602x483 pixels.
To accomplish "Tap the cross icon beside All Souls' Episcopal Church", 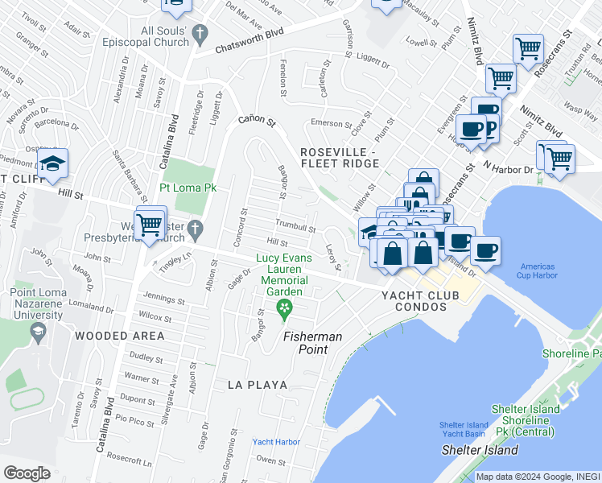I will pyautogui.click(x=204, y=33).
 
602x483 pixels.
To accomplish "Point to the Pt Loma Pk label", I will pyautogui.click(x=190, y=188).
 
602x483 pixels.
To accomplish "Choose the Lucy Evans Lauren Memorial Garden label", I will pyautogui.click(x=283, y=274).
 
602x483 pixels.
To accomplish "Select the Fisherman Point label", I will pyautogui.click(x=312, y=336).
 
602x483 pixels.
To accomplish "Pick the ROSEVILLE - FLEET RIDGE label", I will pyautogui.click(x=338, y=158).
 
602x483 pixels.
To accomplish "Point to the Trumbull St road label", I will pyautogui.click(x=295, y=227).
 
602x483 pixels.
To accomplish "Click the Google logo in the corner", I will pyautogui.click(x=27, y=473).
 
